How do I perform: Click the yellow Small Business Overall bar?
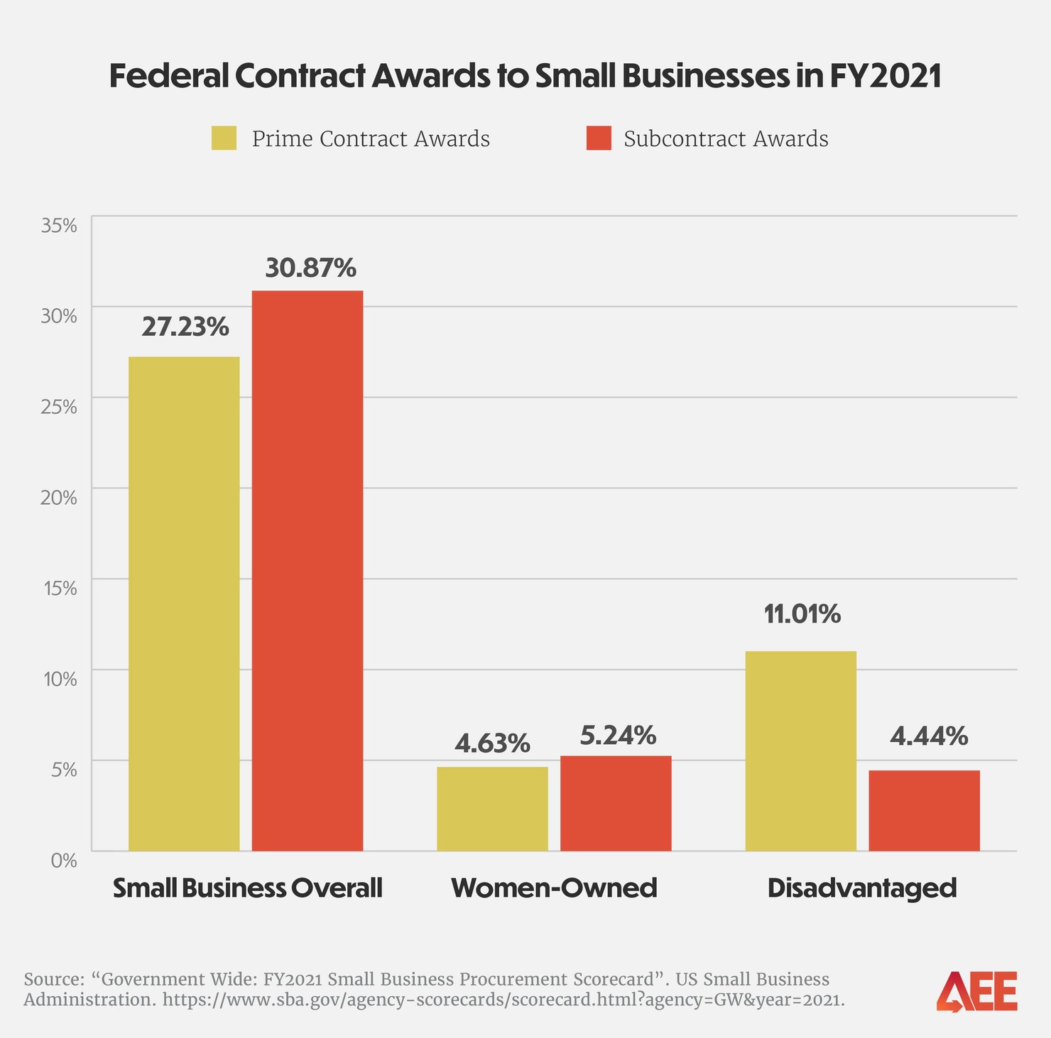pyautogui.click(x=184, y=603)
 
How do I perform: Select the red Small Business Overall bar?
pyautogui.click(x=307, y=571)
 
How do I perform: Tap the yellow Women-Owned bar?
pyautogui.click(x=492, y=809)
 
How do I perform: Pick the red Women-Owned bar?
pyautogui.click(x=616, y=803)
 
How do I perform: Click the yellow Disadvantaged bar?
pyautogui.click(x=800, y=750)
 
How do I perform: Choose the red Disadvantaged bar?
pyautogui.click(x=924, y=810)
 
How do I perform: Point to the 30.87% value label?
pyautogui.click(x=310, y=268)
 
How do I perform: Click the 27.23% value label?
pyautogui.click(x=185, y=327)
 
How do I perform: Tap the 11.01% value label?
pyautogui.click(x=802, y=614)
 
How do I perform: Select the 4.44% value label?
pyautogui.click(x=928, y=736)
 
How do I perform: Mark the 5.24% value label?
pyautogui.click(x=618, y=736)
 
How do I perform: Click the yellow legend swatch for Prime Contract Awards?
pyautogui.click(x=224, y=138)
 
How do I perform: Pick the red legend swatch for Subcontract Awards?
pyautogui.click(x=599, y=138)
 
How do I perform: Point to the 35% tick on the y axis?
pyautogui.click(x=59, y=226)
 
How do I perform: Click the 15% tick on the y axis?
pyautogui.click(x=60, y=588)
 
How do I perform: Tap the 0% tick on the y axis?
pyautogui.click(x=63, y=861)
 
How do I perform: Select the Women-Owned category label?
pyautogui.click(x=554, y=888)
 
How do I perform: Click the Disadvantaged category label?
pyautogui.click(x=862, y=888)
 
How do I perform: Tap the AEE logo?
pyautogui.click(x=976, y=991)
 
